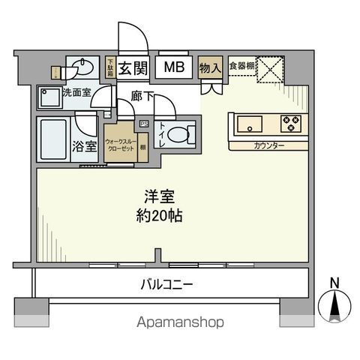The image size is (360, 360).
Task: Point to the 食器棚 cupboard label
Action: pos(239,64)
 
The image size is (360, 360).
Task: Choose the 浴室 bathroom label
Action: pos(84,145)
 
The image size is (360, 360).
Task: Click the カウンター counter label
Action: pos(268,146)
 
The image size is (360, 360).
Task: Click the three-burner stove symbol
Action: pos(289,122)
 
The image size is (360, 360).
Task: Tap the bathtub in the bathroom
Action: pos(52,138)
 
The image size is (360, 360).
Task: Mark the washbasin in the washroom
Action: pos(82,69)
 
